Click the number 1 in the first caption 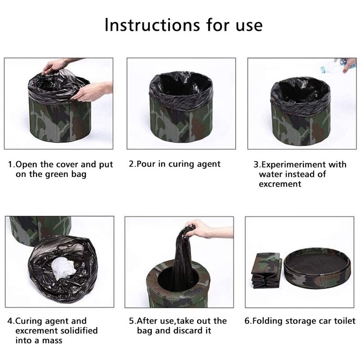[10, 164]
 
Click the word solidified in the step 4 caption [77, 331]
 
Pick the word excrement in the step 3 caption [280, 184]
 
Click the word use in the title [248, 25]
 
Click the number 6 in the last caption [247, 321]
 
